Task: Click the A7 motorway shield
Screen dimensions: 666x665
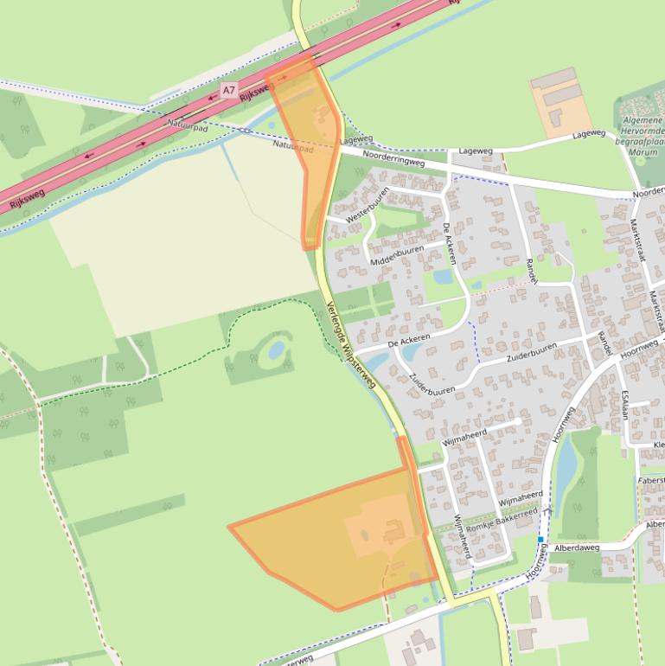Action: coord(228,89)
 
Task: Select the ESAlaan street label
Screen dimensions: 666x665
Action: coord(623,404)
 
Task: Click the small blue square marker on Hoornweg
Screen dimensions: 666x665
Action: coord(540,540)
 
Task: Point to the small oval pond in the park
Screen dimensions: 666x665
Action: coord(276,349)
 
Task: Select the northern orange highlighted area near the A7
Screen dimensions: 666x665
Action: coord(310,138)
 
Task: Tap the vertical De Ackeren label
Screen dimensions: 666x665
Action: coord(449,242)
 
